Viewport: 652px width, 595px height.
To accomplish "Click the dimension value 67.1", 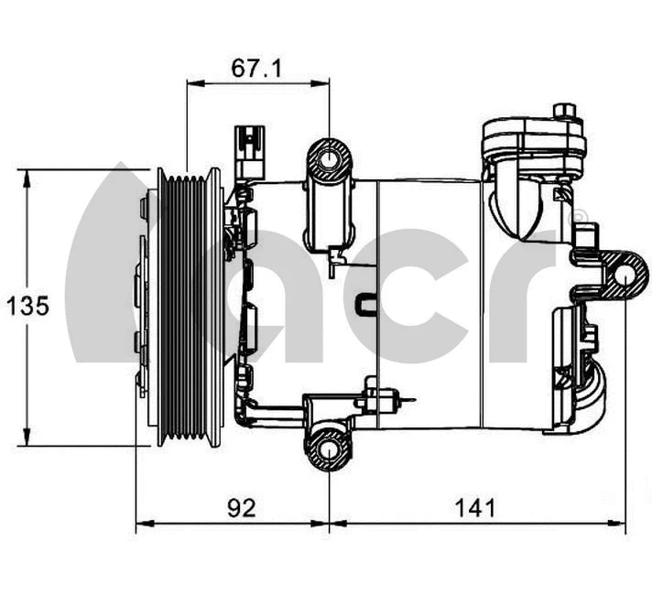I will [x=256, y=70].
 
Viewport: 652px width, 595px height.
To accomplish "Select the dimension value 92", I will [x=241, y=508].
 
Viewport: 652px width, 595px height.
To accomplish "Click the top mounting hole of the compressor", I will [x=328, y=162].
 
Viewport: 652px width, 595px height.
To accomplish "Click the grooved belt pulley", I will [x=190, y=307].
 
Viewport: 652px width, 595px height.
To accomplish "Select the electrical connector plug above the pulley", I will [x=248, y=150].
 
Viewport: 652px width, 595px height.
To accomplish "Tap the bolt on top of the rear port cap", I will [x=564, y=114].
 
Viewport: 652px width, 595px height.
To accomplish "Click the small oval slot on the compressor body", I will [x=365, y=301].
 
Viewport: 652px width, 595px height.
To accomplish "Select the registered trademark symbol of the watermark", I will [x=580, y=219].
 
